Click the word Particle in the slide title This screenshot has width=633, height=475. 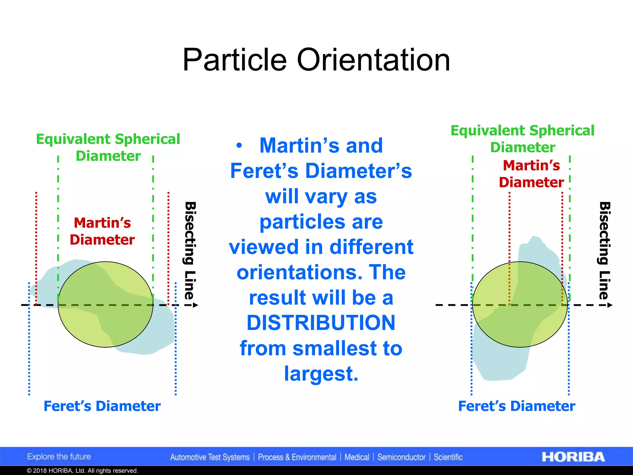[234, 60]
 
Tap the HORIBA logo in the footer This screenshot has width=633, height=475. [573, 457]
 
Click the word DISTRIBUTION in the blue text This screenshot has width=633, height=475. [321, 323]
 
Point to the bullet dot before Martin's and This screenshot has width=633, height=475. [239, 145]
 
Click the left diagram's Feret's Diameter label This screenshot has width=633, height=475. [102, 406]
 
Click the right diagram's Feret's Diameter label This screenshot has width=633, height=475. [516, 406]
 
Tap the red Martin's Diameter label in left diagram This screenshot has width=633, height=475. [102, 231]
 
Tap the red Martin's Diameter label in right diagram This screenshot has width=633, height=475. [531, 174]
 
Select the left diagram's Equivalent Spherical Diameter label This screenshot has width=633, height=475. [108, 148]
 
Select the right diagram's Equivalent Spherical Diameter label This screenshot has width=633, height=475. [522, 139]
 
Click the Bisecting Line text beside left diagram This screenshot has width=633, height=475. [190, 250]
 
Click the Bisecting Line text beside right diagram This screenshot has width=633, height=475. [605, 250]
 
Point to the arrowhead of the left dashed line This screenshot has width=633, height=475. [195, 305]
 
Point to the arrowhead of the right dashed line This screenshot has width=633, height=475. [610, 305]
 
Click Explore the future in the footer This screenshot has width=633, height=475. [59, 457]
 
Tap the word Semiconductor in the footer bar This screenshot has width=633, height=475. [401, 457]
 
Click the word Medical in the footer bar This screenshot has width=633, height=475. [357, 457]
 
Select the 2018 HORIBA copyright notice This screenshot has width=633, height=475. [82, 471]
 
